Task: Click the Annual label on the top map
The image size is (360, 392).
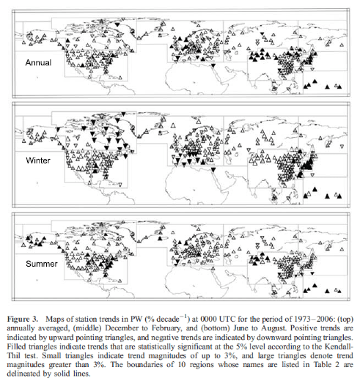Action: (x=38, y=63)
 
